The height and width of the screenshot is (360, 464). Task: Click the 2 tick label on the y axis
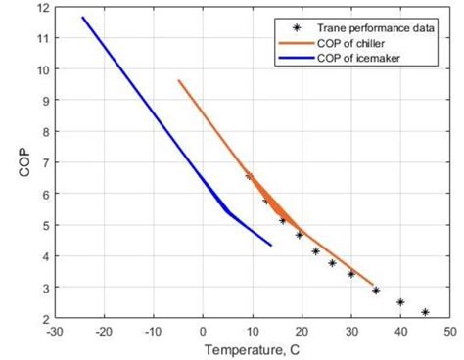point(44,319)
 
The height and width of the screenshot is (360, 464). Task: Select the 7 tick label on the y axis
point(44,163)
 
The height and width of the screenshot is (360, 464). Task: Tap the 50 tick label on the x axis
point(449,331)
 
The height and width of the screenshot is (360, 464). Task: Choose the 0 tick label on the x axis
point(203,331)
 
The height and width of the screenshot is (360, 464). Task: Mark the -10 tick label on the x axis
point(152,331)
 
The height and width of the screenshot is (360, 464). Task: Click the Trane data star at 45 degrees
point(425,312)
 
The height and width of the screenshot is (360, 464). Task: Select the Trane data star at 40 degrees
point(400,302)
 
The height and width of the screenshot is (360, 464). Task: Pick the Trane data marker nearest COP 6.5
point(249,176)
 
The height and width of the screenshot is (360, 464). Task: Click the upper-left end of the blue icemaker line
point(82,17)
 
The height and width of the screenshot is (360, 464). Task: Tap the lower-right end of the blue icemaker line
point(271,245)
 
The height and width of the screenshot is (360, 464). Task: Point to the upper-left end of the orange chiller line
point(178,80)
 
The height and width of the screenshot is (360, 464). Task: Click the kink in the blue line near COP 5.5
point(227,210)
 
